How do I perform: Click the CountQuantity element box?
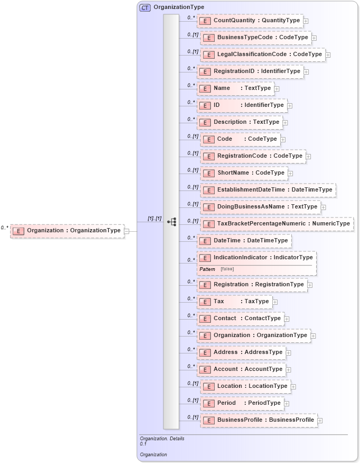point(250,21)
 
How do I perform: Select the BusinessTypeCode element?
point(255,38)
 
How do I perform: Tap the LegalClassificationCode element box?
point(262,55)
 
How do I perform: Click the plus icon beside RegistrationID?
point(307,71)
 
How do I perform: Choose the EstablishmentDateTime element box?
point(267,190)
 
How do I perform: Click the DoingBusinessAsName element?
point(260,207)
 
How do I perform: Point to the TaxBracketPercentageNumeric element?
point(276,224)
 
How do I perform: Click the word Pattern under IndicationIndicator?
point(207,269)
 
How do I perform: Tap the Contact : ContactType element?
point(241,319)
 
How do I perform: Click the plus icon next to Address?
point(289,353)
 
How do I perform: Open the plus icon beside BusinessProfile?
point(320,421)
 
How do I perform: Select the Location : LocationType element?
point(245,386)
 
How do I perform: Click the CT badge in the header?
point(145,8)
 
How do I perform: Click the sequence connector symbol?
point(172,222)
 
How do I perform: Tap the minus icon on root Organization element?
point(126,231)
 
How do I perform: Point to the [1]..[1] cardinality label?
point(155,219)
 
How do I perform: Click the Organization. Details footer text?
point(162,439)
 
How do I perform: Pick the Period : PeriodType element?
point(242,403)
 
